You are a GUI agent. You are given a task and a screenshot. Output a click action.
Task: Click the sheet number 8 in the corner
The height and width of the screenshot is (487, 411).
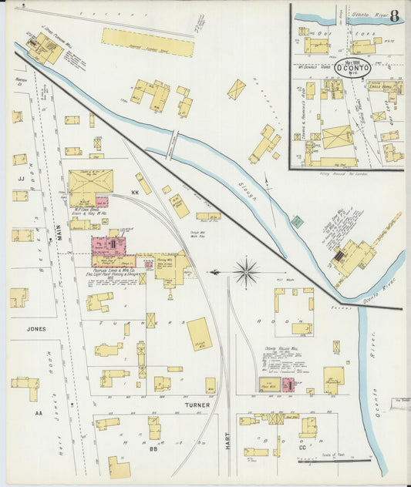[394, 15]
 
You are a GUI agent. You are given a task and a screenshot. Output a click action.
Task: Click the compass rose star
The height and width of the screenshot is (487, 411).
[247, 271]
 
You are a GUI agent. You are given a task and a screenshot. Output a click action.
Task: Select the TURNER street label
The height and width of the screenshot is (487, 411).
[197, 404]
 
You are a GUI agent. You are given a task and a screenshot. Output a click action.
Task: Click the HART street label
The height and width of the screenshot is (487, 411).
[228, 442]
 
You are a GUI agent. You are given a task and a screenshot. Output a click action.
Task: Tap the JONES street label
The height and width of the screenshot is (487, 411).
[35, 328]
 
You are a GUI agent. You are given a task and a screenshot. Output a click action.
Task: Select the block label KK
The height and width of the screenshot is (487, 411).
[135, 192]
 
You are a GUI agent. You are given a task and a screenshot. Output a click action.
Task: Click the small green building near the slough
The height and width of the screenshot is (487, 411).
[298, 221]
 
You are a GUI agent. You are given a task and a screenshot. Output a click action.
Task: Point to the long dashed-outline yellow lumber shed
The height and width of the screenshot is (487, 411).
[147, 42]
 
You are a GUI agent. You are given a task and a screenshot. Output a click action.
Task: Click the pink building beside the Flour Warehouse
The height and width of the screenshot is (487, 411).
[288, 385]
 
